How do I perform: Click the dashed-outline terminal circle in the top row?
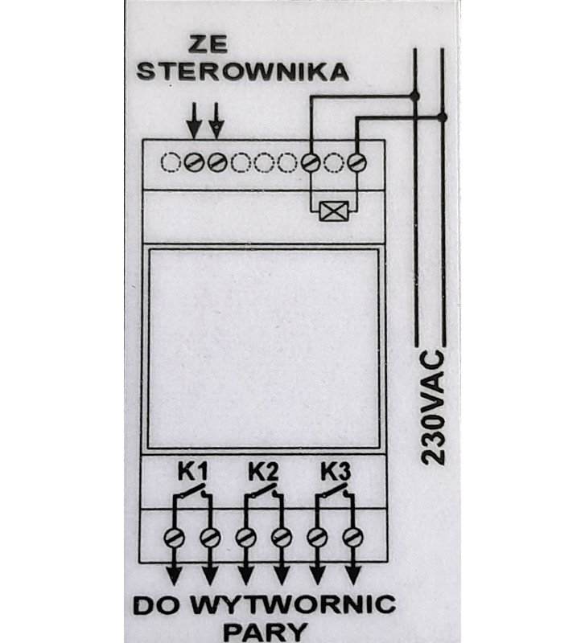click(170, 163)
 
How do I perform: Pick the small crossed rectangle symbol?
click(332, 212)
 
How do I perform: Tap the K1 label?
click(192, 470)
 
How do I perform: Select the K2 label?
click(262, 470)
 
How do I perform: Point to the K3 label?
click(333, 470)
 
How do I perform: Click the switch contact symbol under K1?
click(192, 492)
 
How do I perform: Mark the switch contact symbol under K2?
click(262, 492)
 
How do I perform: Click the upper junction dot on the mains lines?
click(414, 96)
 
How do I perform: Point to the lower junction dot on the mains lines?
click(443, 117)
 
